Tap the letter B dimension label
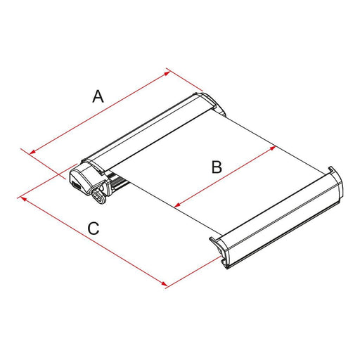click(x=217, y=167)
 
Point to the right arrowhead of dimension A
click(x=168, y=70)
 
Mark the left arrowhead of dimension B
click(x=176, y=206)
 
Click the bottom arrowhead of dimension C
click(x=166, y=285)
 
